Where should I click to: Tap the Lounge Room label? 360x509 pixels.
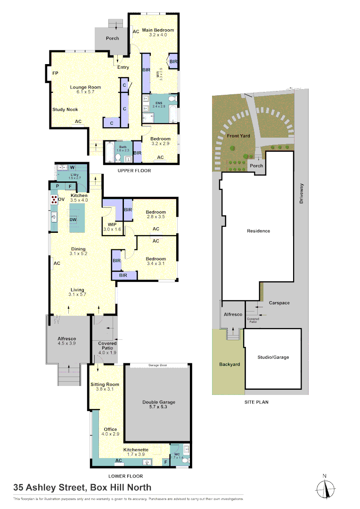(x=85, y=87)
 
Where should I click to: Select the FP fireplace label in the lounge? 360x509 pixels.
(x=55, y=74)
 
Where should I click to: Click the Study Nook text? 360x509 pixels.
(x=65, y=109)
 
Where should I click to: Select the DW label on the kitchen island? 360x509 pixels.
(x=73, y=220)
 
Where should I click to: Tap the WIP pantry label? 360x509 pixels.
(x=112, y=224)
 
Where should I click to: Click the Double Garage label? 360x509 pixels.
(x=159, y=402)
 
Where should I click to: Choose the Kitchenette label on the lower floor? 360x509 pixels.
(x=137, y=450)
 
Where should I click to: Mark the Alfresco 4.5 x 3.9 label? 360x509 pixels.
(x=67, y=338)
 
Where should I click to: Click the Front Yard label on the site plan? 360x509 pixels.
(x=238, y=136)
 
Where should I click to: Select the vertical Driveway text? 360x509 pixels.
(x=302, y=194)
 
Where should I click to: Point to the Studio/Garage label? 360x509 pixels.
(x=273, y=357)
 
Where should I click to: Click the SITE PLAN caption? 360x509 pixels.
(x=256, y=402)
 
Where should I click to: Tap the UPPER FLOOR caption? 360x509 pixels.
(x=134, y=171)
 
